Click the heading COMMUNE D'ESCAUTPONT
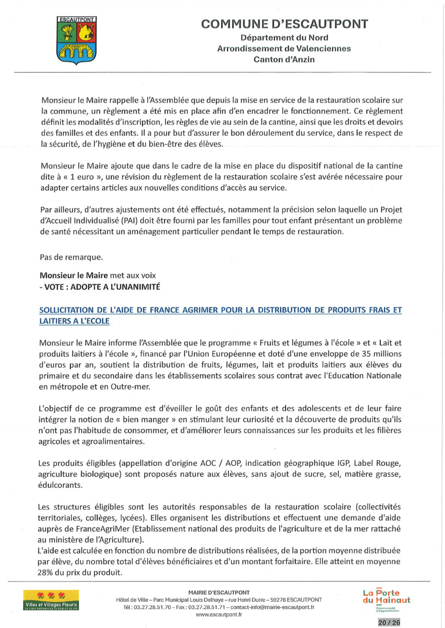(284, 24)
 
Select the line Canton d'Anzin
(284, 60)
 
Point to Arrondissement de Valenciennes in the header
(284, 49)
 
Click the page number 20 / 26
(388, 622)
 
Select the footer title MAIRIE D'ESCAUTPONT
(219, 591)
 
